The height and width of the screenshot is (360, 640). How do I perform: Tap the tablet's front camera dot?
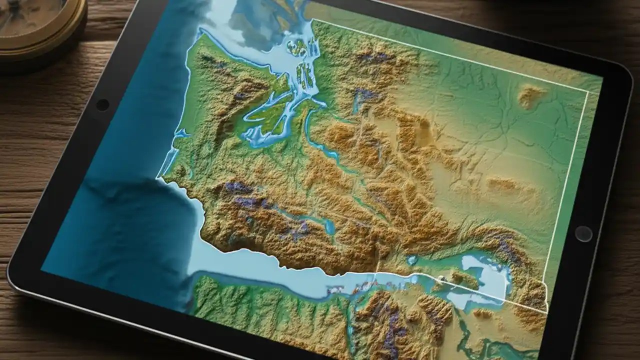tap(102, 105)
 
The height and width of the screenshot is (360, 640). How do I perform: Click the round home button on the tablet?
tap(583, 233)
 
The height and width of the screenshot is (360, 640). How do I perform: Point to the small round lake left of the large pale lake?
tap(412, 260)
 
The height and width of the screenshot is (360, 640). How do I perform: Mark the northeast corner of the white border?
tap(588, 93)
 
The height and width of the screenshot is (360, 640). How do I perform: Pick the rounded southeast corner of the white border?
tap(546, 310)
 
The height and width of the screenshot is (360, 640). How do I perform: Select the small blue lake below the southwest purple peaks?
tap(329, 227)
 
